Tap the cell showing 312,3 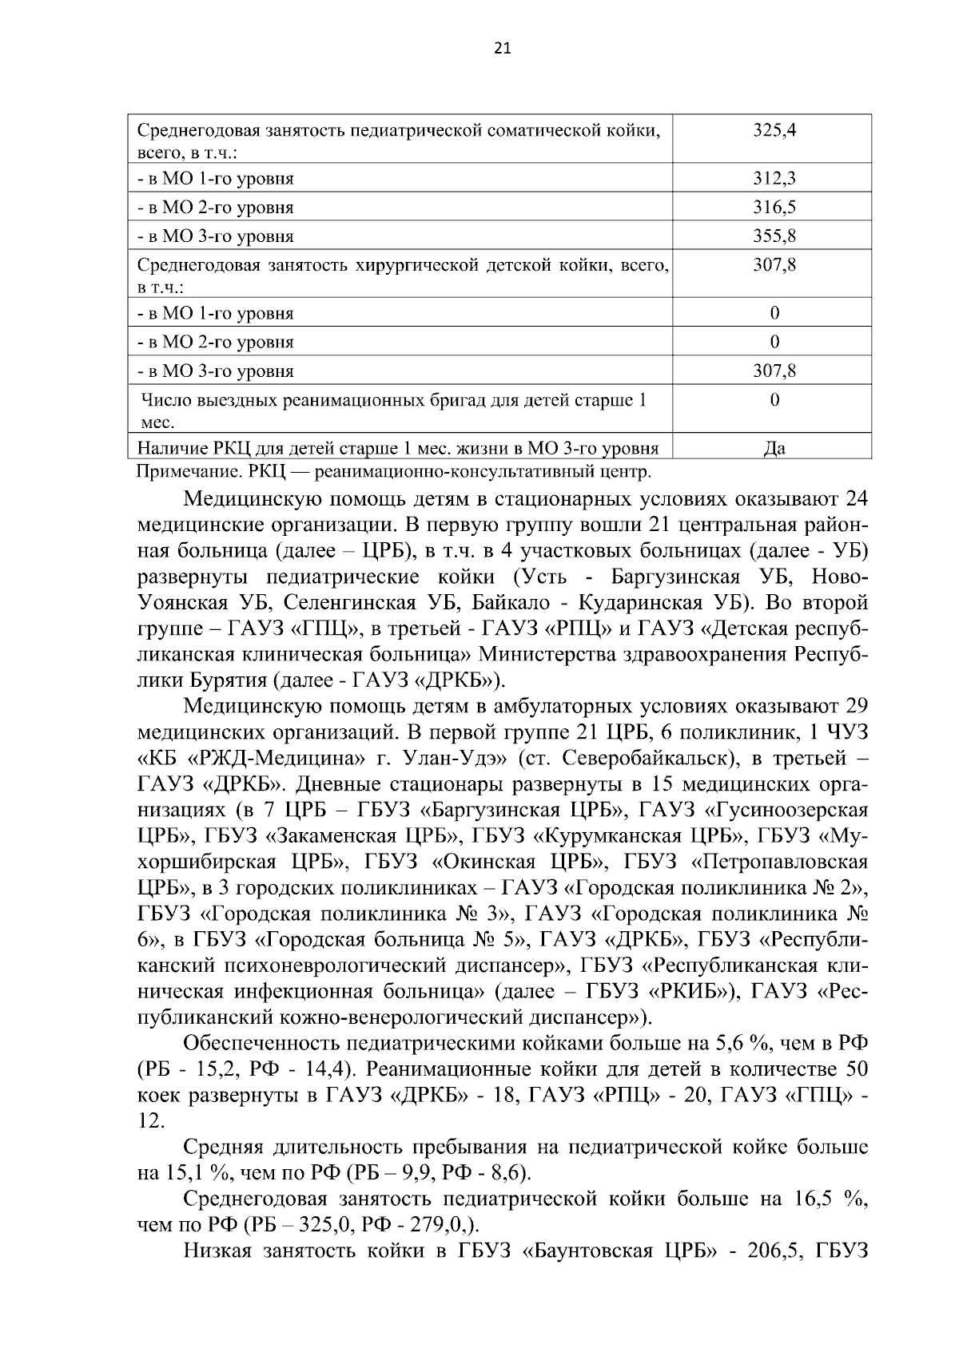[x=774, y=179]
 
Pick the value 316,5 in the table [x=774, y=208]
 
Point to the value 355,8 [x=774, y=236]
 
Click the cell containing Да [x=774, y=449]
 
